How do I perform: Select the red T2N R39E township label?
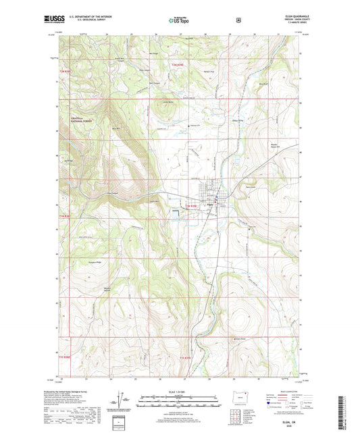pyautogui.click(x=177, y=64)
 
